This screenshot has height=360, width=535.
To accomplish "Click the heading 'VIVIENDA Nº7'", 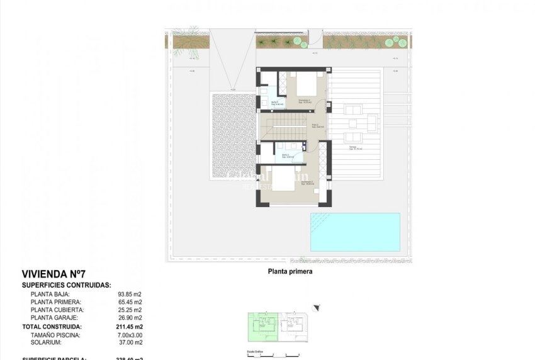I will [53, 274].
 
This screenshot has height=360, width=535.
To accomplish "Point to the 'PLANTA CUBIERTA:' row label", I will [57, 310].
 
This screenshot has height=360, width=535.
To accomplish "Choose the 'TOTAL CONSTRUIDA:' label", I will [52, 327].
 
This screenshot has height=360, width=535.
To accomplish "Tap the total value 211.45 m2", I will [130, 327].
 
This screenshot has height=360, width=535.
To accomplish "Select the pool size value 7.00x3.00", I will [129, 335].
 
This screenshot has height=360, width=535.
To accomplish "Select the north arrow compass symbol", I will [316, 308].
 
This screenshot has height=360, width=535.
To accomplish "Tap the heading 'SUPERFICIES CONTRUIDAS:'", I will [67, 285].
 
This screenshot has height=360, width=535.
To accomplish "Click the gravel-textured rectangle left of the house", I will [234, 144].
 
